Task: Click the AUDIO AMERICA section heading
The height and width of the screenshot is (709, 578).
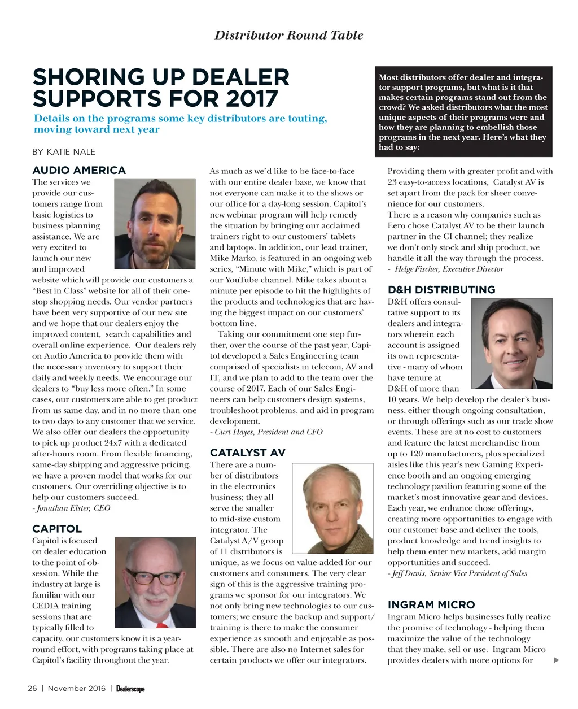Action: pos(79,170)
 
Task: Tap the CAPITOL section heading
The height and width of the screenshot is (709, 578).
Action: pos(57,529)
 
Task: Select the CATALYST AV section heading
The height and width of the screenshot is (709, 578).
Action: pos(248,453)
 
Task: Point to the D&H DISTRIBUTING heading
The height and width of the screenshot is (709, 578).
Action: pos(441,290)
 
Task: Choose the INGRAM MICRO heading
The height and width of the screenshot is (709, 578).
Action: pos(431,604)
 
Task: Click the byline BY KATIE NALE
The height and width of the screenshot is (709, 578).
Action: pos(64,151)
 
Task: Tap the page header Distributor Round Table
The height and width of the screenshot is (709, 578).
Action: pos(289,35)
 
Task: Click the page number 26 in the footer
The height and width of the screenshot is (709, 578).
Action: pos(33,688)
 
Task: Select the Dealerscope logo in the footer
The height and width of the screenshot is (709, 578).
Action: pos(131,689)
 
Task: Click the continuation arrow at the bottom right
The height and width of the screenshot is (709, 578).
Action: pos(557,660)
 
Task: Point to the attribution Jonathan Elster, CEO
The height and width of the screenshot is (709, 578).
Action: pos(72,508)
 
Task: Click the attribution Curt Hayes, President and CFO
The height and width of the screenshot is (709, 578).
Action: pos(266,432)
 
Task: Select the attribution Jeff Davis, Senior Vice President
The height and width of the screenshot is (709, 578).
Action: pos(458,573)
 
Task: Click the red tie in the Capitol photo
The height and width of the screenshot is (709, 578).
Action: pos(161,625)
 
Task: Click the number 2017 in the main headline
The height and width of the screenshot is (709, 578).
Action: pos(251,99)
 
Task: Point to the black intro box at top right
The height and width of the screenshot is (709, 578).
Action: pos(465,111)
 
